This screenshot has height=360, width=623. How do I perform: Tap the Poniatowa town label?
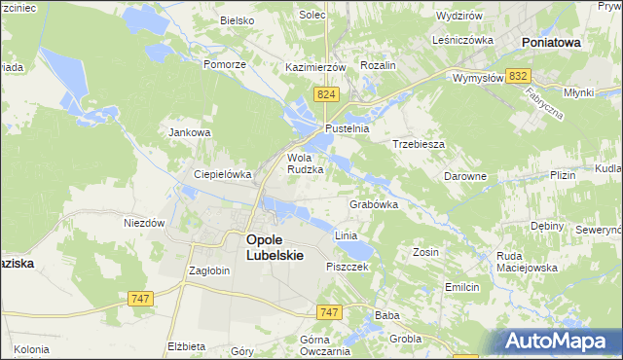[551, 43]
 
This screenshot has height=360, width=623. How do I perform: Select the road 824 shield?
[326, 93]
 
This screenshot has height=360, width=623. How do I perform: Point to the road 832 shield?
[519, 76]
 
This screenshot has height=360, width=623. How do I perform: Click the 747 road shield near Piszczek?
[329, 311]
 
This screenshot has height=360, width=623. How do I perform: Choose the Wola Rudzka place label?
[305, 162]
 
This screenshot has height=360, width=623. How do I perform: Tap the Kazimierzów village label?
[316, 67]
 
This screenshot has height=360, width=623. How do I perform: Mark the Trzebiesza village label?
[419, 143]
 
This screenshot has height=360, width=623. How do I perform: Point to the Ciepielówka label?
[223, 174]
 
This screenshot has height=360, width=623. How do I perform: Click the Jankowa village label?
[190, 132]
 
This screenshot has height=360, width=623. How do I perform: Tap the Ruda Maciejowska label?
[526, 262]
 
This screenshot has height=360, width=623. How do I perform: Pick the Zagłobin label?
[209, 270]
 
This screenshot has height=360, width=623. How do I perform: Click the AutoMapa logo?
[559, 341]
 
